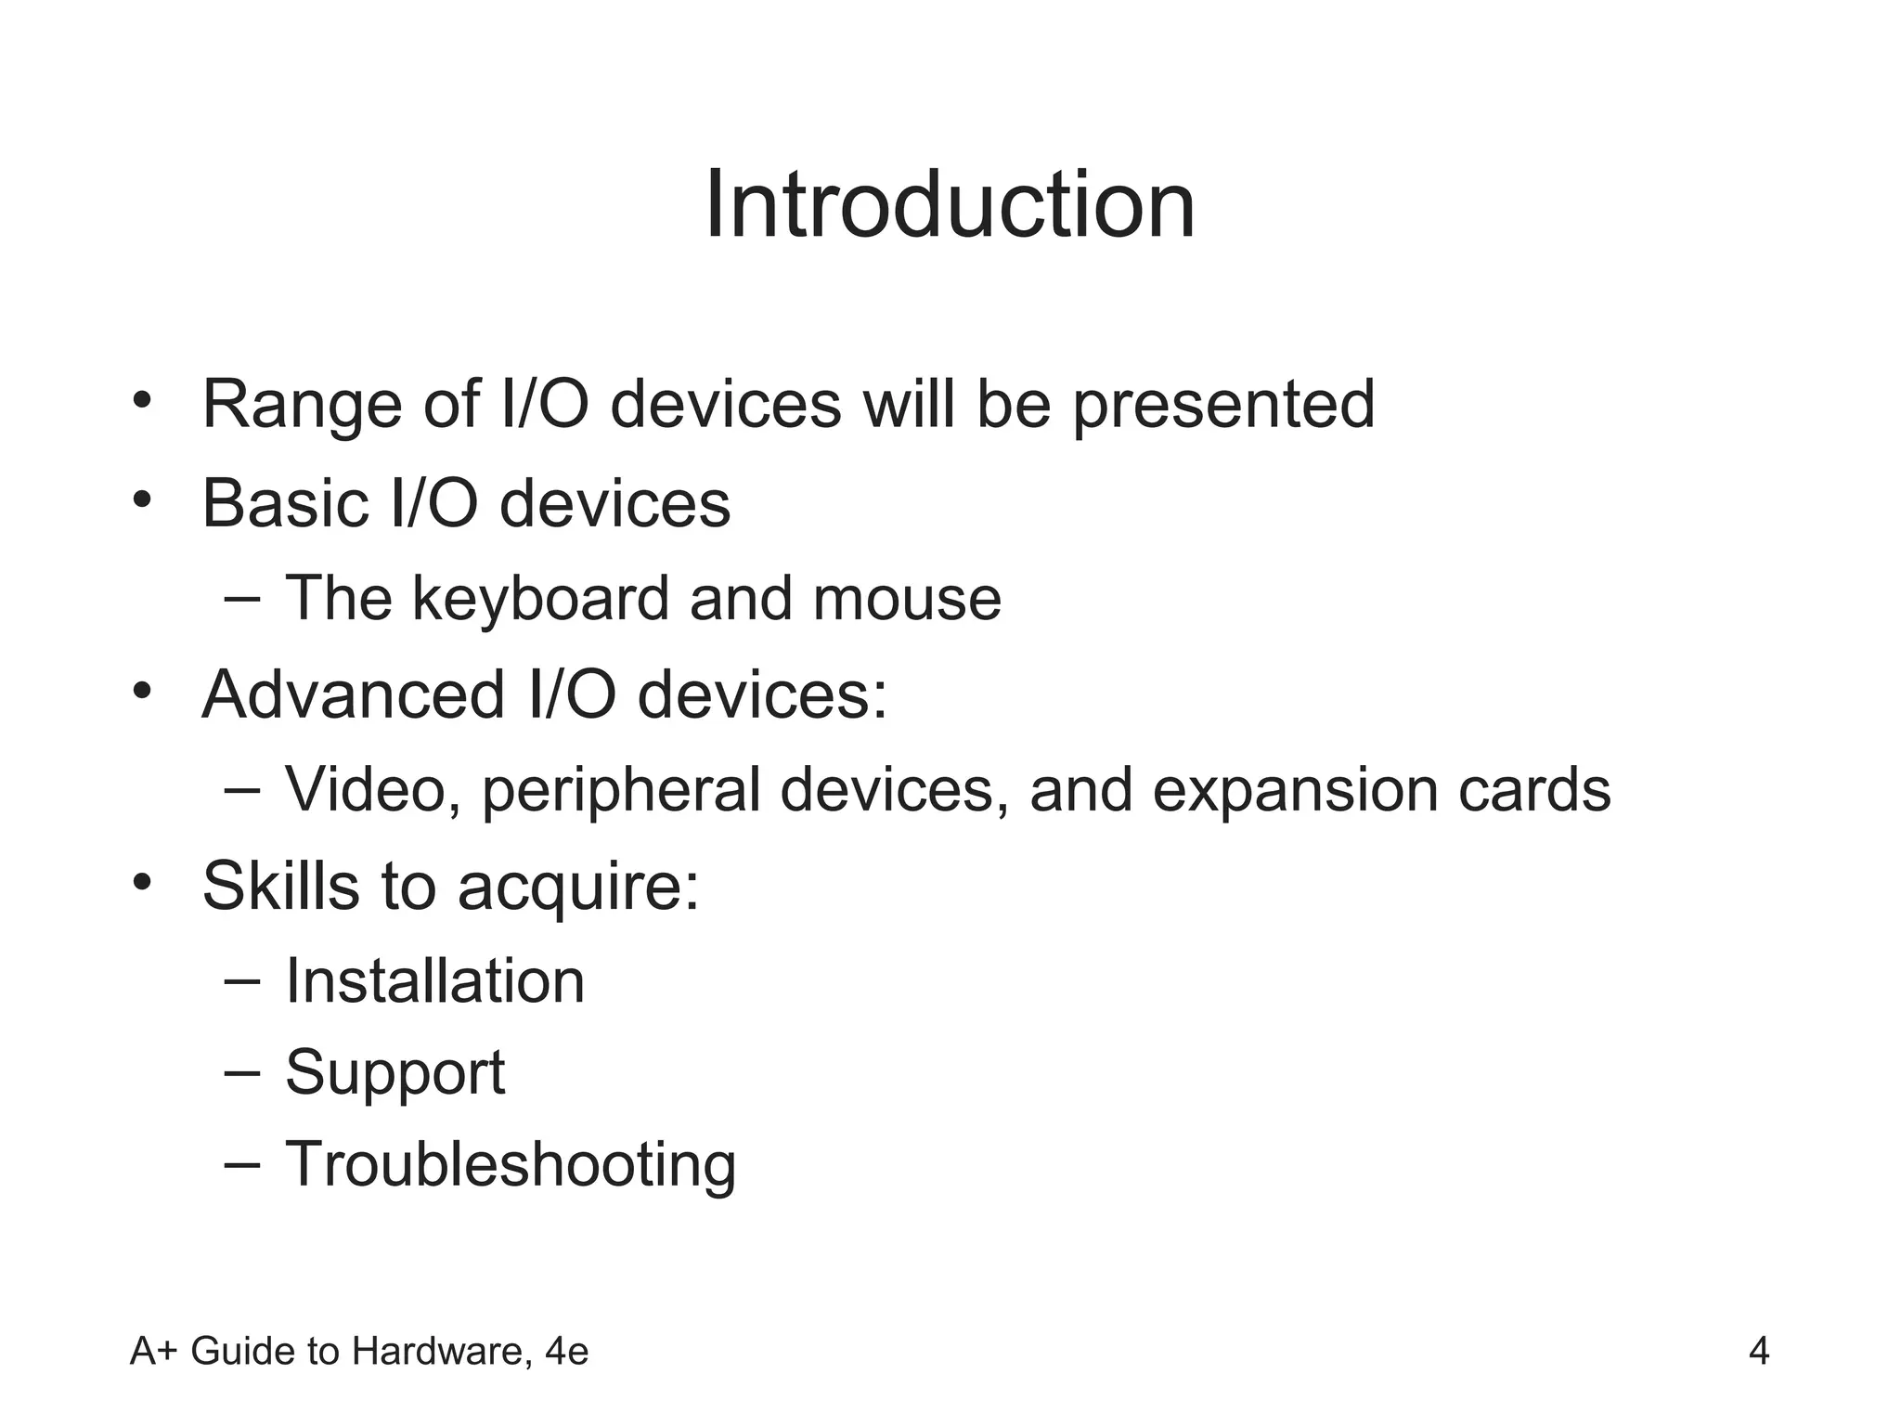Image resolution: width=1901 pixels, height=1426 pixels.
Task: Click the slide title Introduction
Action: pyautogui.click(x=950, y=205)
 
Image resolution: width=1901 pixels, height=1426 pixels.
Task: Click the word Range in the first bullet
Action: pyautogui.click(x=302, y=405)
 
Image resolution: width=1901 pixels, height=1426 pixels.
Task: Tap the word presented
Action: pyautogui.click(x=1222, y=407)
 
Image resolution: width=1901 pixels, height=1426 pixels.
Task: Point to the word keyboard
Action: pyautogui.click(x=539, y=599)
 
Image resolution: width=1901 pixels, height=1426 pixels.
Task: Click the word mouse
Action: pyautogui.click(x=907, y=599)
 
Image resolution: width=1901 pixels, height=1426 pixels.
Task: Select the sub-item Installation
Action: pyautogui.click(x=434, y=981)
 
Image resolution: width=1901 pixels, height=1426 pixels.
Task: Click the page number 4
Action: pyautogui.click(x=1758, y=1352)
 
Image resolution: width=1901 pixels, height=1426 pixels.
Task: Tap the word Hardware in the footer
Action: pyautogui.click(x=442, y=1352)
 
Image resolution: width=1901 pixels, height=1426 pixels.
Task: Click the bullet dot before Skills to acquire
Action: pyautogui.click(x=141, y=879)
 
